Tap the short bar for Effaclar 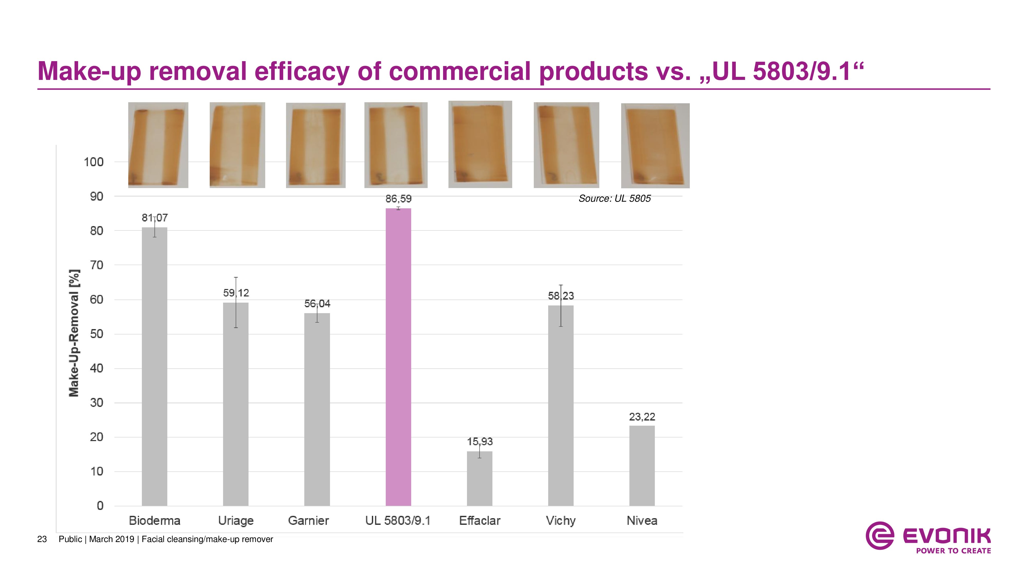coord(479,478)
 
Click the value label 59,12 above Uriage coord(236,293)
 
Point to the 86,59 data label coord(398,199)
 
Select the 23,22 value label coord(642,417)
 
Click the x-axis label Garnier coord(308,520)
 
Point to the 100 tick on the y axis coord(94,162)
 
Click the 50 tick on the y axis coord(97,334)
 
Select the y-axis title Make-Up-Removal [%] coord(74,333)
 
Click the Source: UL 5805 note coord(614,198)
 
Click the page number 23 coord(42,539)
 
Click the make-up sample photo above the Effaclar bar coord(480,144)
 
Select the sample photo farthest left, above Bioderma coord(158,145)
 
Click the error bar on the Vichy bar coord(561,305)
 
